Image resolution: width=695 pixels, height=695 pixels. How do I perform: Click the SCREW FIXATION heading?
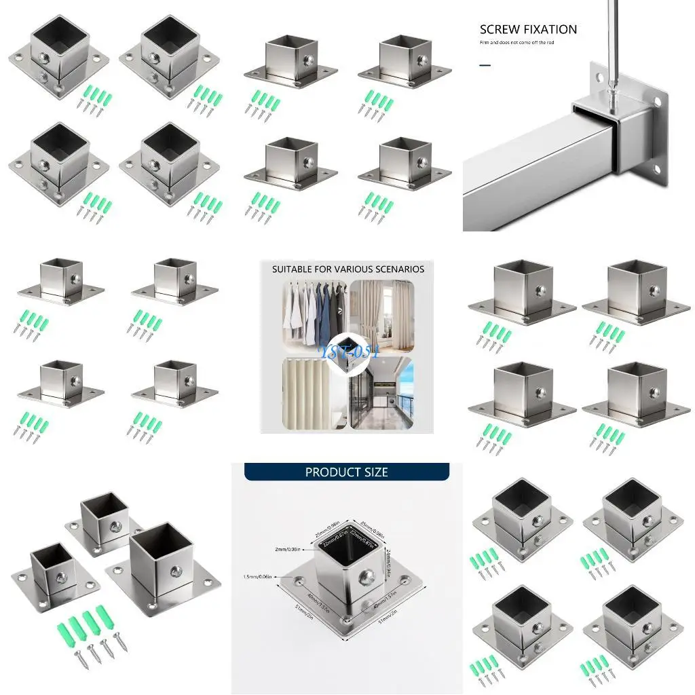point(528,29)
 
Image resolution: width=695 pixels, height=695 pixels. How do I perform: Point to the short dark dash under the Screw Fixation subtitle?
point(485,66)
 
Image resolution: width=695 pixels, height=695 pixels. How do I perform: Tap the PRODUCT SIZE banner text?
point(346,472)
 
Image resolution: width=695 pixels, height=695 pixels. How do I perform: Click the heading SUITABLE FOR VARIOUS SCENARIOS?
point(347,269)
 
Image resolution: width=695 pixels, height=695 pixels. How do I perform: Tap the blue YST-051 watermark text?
point(347,352)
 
